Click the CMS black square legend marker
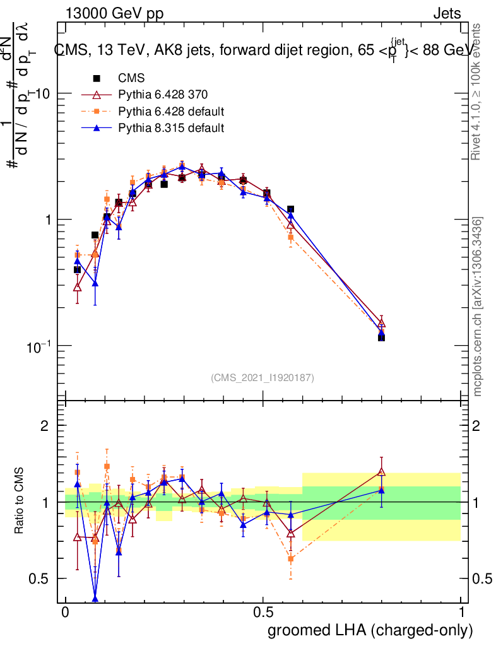tap(97, 79)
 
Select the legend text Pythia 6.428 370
tap(163, 95)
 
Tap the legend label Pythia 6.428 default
tap(171, 112)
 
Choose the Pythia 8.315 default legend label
tap(171, 128)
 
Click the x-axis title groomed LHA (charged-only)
tap(371, 630)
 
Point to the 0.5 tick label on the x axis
tap(263, 613)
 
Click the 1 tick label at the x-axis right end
tap(461, 613)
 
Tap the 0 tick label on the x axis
tap(65, 613)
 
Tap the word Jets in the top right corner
tap(446, 14)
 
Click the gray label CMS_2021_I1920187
tap(263, 377)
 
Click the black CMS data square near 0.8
tap(381, 338)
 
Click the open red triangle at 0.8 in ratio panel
tap(381, 471)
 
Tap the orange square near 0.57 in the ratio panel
tap(291, 558)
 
